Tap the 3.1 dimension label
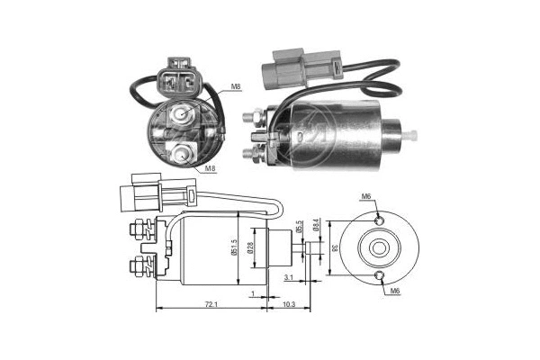[x=286, y=278]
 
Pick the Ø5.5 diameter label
[x=301, y=230]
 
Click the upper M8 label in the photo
[x=235, y=87]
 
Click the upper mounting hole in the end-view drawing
[x=378, y=219]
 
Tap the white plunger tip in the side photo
[x=413, y=135]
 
